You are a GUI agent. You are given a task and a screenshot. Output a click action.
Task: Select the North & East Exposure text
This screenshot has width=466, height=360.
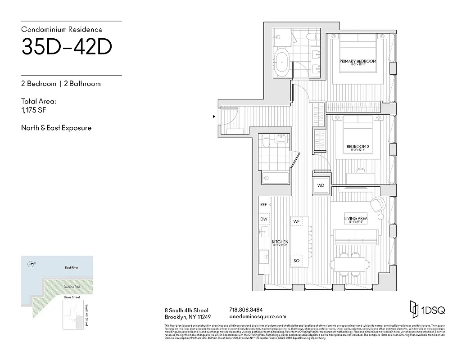pyautogui.click(x=56, y=128)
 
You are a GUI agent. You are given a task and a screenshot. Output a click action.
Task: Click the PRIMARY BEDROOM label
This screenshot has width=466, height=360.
pyautogui.click(x=357, y=61)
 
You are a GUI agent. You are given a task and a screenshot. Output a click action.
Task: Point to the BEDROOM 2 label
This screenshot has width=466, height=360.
pyautogui.click(x=357, y=146)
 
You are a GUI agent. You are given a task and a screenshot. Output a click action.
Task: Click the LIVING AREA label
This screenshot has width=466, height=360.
pyautogui.click(x=356, y=219)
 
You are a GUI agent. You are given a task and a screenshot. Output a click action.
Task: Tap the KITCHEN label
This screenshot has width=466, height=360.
pyautogui.click(x=280, y=242)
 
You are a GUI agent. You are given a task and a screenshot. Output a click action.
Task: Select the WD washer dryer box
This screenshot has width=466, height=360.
pyautogui.click(x=321, y=185)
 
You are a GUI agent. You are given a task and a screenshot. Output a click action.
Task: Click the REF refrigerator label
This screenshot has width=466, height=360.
pyautogui.click(x=263, y=204)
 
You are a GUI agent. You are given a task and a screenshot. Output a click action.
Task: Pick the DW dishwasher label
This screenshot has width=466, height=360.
pyautogui.click(x=263, y=219)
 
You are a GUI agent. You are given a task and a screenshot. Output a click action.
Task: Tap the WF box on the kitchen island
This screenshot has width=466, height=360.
pyautogui.click(x=296, y=221)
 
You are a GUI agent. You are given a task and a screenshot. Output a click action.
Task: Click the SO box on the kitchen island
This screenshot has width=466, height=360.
pyautogui.click(x=296, y=261)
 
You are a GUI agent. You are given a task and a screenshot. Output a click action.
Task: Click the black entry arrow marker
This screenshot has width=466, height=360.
pyautogui.click(x=214, y=116)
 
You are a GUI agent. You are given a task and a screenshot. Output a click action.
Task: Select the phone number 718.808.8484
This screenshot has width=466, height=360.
pyautogui.click(x=246, y=310)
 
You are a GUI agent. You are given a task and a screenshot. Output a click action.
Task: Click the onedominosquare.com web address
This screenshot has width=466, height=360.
pyautogui.click(x=258, y=316)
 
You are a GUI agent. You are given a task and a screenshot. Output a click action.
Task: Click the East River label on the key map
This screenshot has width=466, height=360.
pyautogui.click(x=71, y=268)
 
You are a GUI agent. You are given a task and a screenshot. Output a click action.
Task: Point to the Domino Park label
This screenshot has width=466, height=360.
pyautogui.click(x=71, y=287)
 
